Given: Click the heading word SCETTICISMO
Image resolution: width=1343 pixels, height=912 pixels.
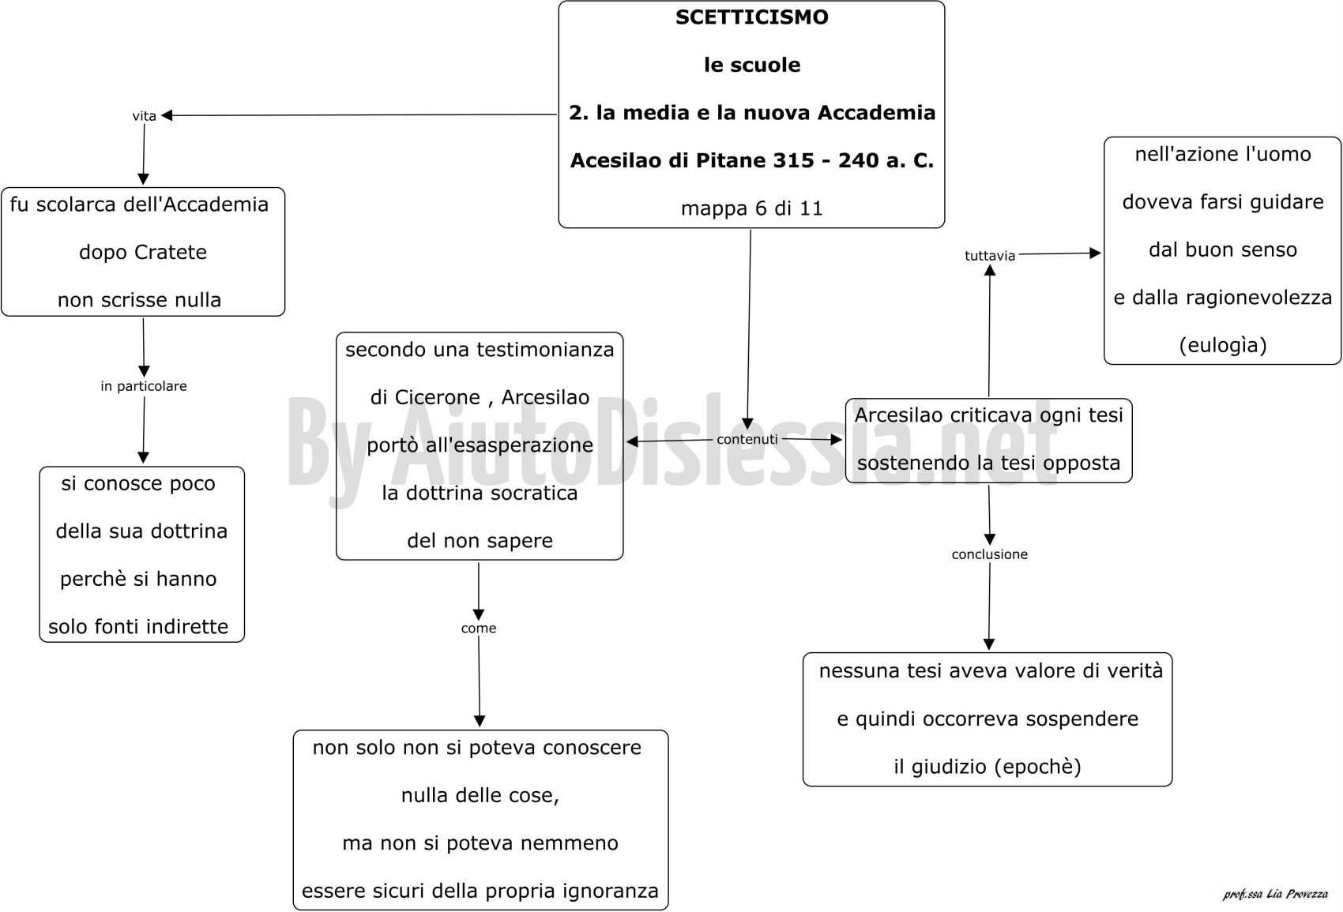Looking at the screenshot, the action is tap(752, 17).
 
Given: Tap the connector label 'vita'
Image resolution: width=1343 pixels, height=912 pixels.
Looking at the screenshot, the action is tap(144, 116).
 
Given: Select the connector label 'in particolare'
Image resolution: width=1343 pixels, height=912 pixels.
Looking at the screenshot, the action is tap(144, 386).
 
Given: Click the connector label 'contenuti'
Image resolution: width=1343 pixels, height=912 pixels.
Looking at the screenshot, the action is tap(747, 439).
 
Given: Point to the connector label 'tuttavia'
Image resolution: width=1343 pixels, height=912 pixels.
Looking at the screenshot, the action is tap(990, 256).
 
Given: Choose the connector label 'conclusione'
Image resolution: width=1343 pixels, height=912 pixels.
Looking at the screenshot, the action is tap(990, 554).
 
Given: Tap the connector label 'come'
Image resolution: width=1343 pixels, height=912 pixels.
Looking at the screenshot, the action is tap(479, 629).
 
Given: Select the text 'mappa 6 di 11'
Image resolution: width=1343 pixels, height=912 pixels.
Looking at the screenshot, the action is tap(752, 208).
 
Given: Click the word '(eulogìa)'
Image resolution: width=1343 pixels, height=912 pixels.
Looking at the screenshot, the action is tap(1223, 345).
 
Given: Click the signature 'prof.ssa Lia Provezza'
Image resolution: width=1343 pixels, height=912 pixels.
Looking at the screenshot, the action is tap(1275, 894).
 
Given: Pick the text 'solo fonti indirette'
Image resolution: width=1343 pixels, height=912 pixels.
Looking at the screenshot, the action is tap(138, 627).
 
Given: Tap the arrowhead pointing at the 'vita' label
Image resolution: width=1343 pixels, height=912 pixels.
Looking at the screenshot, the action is tap(167, 115).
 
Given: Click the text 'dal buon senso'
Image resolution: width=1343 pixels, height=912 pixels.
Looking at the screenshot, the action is tap(1223, 250).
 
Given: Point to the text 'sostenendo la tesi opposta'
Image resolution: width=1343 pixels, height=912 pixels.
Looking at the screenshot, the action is tap(988, 464).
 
